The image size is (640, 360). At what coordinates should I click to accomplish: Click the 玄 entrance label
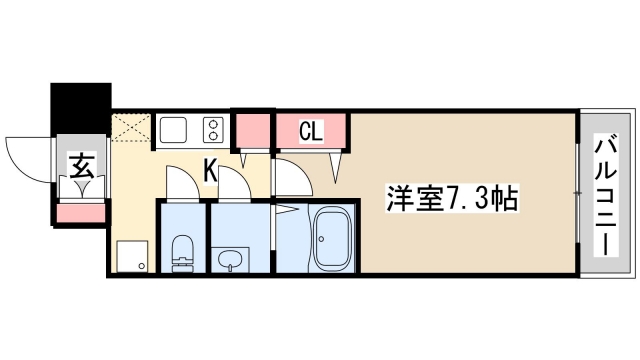(x=80, y=164)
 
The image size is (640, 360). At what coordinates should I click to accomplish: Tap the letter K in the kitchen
(x=211, y=171)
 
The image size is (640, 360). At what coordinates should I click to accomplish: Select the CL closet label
(x=311, y=131)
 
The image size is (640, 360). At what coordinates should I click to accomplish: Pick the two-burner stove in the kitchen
(x=213, y=130)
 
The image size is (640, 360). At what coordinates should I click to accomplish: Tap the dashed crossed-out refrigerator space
(x=132, y=129)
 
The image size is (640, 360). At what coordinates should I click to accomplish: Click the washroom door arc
(x=233, y=183)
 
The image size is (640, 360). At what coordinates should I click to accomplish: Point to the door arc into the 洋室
(x=290, y=177)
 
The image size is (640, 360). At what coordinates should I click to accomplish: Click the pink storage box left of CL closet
(x=253, y=130)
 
